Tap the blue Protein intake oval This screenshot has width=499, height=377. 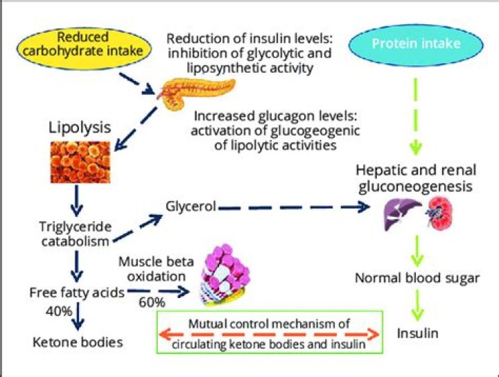click(415, 44)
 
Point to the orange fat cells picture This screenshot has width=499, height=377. click(79, 164)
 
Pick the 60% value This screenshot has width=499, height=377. click(151, 302)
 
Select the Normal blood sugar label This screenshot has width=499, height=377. click(417, 278)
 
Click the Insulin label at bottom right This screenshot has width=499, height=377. click(417, 333)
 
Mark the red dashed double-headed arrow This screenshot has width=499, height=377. click(271, 335)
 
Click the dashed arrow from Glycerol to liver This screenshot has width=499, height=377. click(298, 207)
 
